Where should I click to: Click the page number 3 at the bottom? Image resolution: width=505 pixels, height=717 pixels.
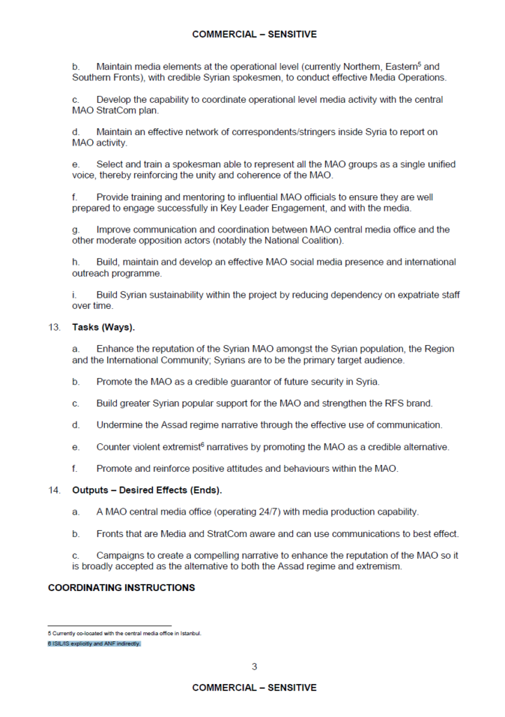point(254,666)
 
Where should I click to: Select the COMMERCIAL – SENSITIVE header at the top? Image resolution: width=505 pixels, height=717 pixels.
point(254,34)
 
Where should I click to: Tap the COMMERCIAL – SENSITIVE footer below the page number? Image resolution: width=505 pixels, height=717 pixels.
point(254,688)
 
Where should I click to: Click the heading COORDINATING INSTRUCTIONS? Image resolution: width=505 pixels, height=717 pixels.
point(121,587)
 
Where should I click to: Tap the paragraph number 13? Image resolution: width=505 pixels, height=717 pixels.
point(54,326)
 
